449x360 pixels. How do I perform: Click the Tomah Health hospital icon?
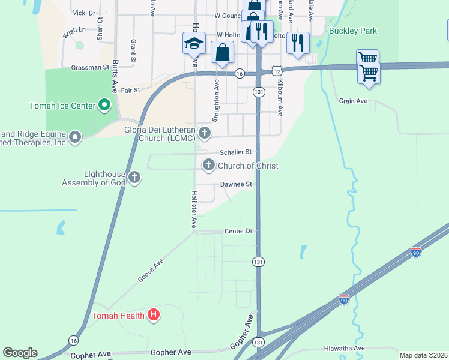[154, 314]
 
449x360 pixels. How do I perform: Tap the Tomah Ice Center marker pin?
[104, 106]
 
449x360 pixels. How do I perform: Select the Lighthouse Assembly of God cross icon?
[134, 178]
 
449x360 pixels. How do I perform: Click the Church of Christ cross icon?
[209, 165]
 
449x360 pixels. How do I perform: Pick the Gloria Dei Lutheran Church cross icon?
[205, 133]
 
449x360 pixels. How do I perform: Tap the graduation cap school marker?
[194, 43]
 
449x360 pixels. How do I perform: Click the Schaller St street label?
[235, 152]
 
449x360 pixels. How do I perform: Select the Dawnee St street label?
[235, 184]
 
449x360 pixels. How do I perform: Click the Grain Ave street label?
[352, 101]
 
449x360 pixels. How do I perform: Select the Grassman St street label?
[89, 68]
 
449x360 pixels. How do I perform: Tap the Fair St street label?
[130, 90]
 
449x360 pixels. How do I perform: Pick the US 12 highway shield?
[276, 71]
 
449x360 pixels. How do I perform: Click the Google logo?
[20, 353]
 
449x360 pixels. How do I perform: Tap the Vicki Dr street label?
[83, 13]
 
